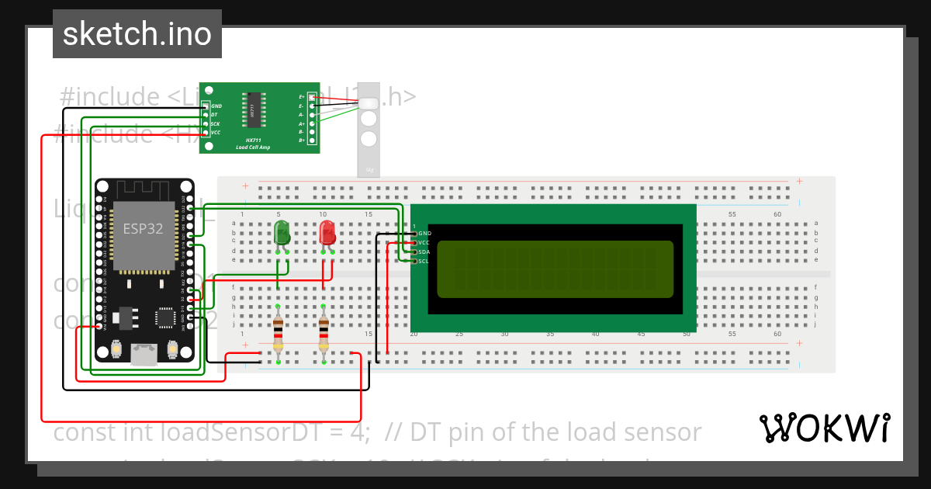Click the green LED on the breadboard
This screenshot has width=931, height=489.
[x=282, y=232]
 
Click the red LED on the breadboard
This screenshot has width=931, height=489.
[x=327, y=232]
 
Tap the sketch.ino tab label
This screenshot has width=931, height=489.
[x=137, y=34]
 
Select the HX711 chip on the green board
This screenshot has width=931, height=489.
[x=253, y=109]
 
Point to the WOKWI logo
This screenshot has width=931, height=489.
[x=824, y=428]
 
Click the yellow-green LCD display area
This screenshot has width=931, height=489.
[x=555, y=269]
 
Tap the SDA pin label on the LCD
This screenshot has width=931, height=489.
[x=424, y=252]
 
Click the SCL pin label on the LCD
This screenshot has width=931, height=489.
[x=424, y=262]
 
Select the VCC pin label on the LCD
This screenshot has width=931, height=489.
[x=424, y=243]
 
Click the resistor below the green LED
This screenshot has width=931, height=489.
[x=279, y=333]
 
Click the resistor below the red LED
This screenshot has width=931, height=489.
[x=324, y=333]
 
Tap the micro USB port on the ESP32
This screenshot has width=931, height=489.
[x=144, y=355]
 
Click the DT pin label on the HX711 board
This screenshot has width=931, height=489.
[x=214, y=115]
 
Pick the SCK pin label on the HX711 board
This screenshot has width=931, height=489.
[x=215, y=123]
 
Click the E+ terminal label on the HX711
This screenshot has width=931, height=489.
[x=302, y=96]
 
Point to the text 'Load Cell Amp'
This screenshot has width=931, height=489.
[x=253, y=147]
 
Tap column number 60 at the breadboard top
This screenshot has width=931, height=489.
[x=777, y=214]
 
